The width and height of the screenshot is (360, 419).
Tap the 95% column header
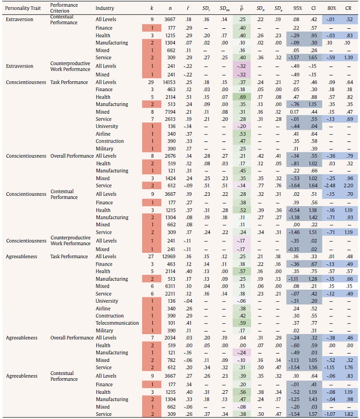point(296,8)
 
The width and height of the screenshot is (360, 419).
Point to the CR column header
point(348,8)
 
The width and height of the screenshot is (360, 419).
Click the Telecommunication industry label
point(113,323)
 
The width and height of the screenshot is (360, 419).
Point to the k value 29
point(151,82)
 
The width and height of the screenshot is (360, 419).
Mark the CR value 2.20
point(348,185)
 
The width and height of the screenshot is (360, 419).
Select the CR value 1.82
point(348,414)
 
